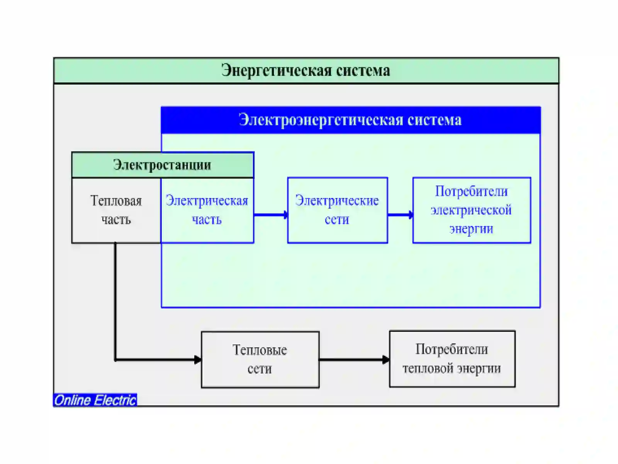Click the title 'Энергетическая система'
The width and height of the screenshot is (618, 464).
click(x=306, y=70)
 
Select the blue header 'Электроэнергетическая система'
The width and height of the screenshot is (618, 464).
click(x=351, y=120)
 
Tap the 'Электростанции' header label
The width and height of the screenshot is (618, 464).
click(x=163, y=165)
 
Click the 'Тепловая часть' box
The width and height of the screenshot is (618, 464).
click(x=116, y=210)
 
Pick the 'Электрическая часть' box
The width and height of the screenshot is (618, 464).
click(x=207, y=210)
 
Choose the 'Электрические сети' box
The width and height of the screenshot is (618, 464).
click(x=338, y=210)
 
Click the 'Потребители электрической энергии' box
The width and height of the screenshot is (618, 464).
click(x=472, y=210)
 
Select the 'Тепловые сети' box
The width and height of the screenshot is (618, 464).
click(x=260, y=360)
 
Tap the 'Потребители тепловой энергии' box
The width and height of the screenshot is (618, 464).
click(x=452, y=359)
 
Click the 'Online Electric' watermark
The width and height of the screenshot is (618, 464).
click(x=95, y=400)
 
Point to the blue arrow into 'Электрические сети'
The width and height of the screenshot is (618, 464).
click(x=271, y=215)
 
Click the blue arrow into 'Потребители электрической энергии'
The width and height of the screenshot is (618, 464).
click(x=401, y=215)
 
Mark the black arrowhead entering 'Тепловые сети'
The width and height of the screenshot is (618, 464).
click(x=198, y=360)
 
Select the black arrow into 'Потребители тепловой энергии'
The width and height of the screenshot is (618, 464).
click(x=355, y=360)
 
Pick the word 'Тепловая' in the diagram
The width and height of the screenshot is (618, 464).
click(x=116, y=201)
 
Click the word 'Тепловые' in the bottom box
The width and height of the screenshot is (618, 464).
click(x=260, y=350)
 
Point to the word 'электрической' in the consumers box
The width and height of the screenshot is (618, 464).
click(x=471, y=210)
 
